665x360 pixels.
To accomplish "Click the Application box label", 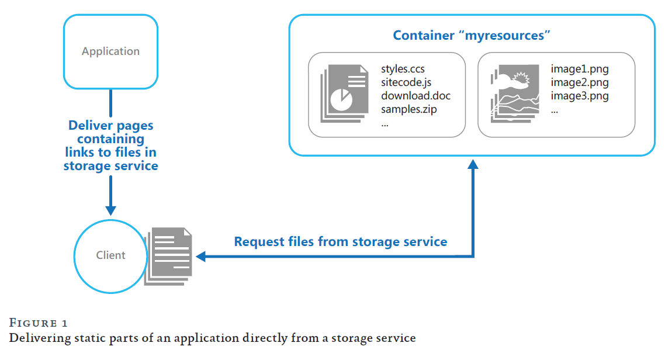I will (x=110, y=51).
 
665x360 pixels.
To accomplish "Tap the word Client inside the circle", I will (x=110, y=255).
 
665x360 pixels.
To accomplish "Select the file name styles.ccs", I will (x=403, y=70).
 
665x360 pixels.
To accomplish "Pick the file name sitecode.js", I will (x=406, y=82).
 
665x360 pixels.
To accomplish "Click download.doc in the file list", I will (x=415, y=95).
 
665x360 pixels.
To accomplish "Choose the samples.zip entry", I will (x=409, y=109).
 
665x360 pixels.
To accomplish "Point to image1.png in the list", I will (x=579, y=70).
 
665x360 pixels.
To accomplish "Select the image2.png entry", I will (x=579, y=82).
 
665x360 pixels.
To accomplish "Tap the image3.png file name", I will (x=579, y=95).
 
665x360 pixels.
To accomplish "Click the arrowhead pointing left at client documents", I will (x=200, y=256).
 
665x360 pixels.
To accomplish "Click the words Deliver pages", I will (x=110, y=125).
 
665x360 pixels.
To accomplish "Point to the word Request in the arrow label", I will (x=261, y=241).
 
